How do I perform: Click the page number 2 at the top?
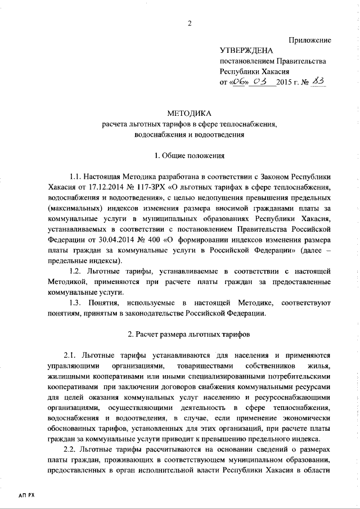tap(190, 23)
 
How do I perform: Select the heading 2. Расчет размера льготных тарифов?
tap(190, 334)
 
